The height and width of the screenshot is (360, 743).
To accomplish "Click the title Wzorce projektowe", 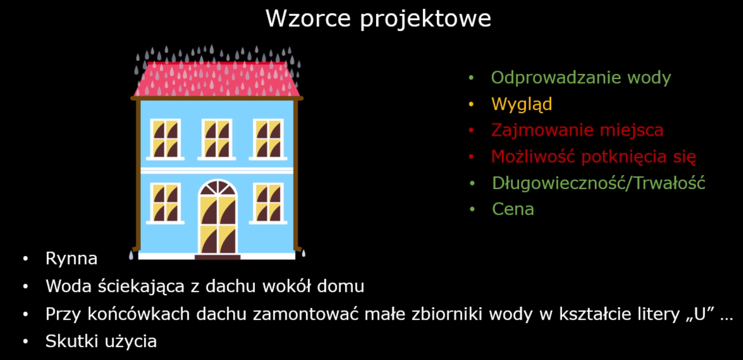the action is click(378, 19).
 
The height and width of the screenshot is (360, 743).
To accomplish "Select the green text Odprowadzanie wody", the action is click(581, 78).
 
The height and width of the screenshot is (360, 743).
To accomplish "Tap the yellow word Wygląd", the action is click(521, 105).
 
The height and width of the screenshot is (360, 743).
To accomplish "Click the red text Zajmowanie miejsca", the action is click(577, 130).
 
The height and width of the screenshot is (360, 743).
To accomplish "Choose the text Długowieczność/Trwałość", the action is click(598, 183).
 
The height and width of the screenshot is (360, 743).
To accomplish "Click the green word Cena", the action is click(513, 209).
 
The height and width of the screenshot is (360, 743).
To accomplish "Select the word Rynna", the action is click(71, 258).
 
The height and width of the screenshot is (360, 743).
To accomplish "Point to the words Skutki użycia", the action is click(101, 341).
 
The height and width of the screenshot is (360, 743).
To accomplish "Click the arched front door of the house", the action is click(218, 217).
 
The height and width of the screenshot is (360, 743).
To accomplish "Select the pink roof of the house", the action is click(217, 79).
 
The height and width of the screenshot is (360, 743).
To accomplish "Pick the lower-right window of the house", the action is click(268, 203).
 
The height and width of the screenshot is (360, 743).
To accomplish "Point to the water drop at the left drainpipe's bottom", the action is click(131, 255).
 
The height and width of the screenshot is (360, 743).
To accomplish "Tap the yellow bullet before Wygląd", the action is click(471, 104).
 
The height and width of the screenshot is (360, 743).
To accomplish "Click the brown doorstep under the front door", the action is click(217, 257).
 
